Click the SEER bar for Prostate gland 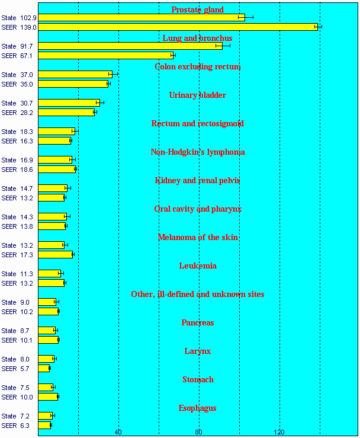click(178, 27)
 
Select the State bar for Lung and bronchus click(130, 46)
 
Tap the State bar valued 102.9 click(142, 17)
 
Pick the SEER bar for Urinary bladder click(66, 112)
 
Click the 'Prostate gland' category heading click(198, 9)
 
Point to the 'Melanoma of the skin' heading click(198, 237)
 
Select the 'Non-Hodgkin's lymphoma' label click(198, 152)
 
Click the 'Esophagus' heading click(198, 408)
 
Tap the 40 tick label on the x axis click(118, 431)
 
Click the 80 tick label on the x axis click(199, 431)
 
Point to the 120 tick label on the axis click(279, 431)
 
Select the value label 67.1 click(27, 56)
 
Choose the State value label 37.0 click(27, 75)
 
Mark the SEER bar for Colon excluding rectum click(73, 84)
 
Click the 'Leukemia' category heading click(198, 266)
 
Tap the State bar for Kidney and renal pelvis click(53, 188)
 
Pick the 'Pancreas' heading click(198, 322)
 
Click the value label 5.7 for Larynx click(25, 369)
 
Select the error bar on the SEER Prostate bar click(318, 27)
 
